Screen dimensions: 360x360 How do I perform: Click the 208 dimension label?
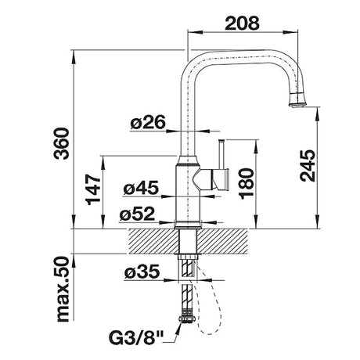click(242, 23)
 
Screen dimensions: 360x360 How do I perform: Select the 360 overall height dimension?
click(62, 143)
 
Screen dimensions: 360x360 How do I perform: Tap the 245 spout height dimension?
click(308, 165)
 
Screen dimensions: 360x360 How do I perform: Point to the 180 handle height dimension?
click(246, 183)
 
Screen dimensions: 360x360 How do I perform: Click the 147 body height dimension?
click(93, 189)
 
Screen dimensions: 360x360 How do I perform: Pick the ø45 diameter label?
click(141, 188)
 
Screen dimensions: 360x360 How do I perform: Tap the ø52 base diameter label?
click(138, 214)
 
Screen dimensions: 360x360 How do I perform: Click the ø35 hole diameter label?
click(142, 272)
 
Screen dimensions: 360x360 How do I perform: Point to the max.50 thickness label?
click(63, 289)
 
